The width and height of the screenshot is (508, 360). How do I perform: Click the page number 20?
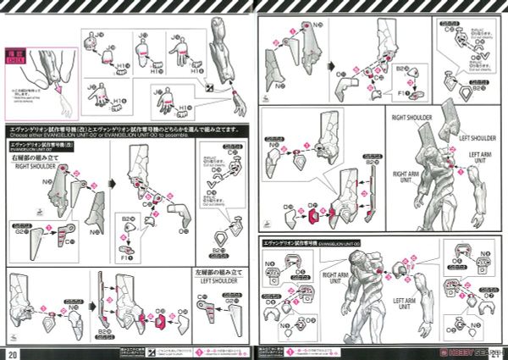pyautogui.click(x=12, y=352)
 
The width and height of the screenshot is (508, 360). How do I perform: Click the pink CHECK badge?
pyautogui.click(x=16, y=58)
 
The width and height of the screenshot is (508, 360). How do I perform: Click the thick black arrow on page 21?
pyautogui.click(x=327, y=64)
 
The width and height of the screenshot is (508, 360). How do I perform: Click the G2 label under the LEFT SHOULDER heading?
pyautogui.click(x=208, y=299)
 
